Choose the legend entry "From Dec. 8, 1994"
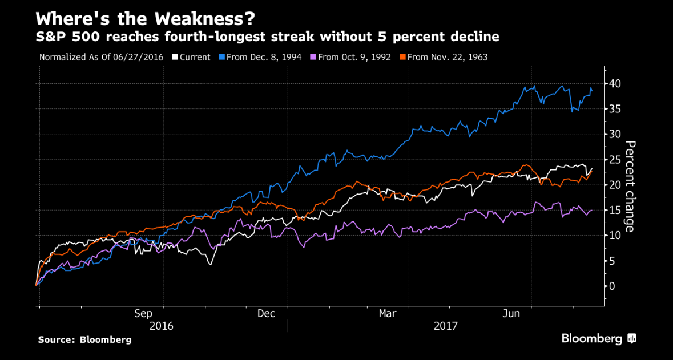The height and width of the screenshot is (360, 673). [263, 57]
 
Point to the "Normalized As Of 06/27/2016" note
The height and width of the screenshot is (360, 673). [101, 57]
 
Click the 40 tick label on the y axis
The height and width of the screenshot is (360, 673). [616, 84]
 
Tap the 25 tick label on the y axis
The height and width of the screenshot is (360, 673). [616, 160]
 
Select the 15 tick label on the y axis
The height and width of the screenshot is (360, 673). [616, 210]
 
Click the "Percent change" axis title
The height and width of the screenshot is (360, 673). [630, 186]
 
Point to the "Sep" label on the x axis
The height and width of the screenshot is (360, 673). [143, 314]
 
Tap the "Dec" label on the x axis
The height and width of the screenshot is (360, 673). [267, 314]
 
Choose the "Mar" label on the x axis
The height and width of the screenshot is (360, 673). [388, 314]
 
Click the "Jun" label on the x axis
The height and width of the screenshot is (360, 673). [511, 314]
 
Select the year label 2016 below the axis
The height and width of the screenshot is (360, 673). [162, 326]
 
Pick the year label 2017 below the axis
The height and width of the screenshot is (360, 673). [446, 326]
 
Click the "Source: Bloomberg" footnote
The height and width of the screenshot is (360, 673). [84, 339]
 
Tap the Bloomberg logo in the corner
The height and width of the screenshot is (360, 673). [598, 338]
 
